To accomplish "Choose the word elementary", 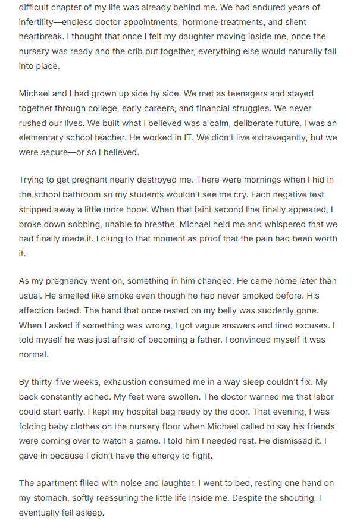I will point(46,137).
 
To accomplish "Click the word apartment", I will point(60,483).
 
